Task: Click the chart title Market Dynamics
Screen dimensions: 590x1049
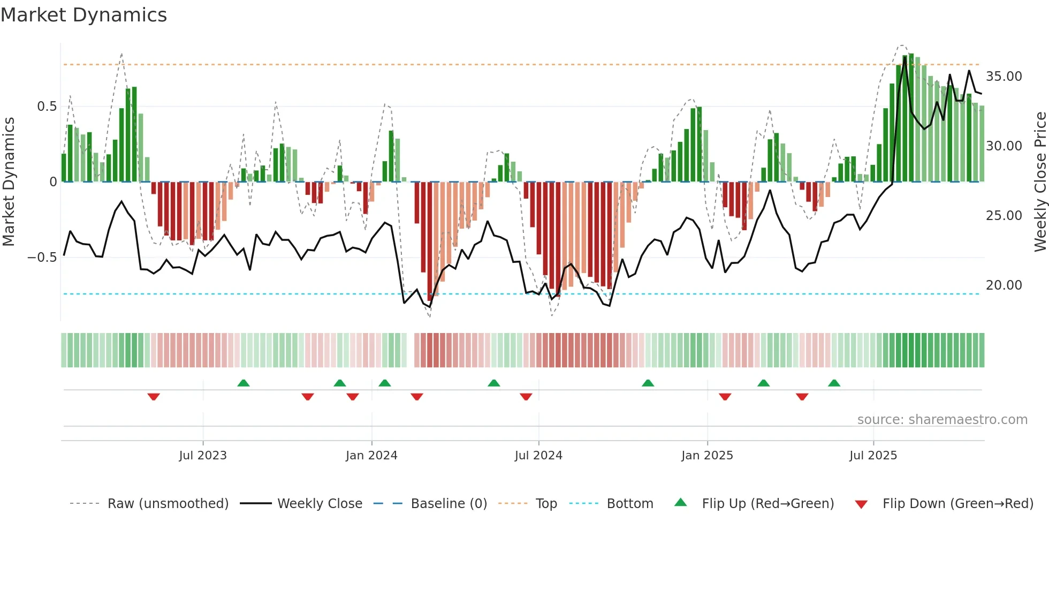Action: [x=83, y=15]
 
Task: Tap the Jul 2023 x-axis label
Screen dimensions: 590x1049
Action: [x=203, y=456]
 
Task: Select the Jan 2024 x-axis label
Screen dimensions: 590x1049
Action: [x=371, y=456]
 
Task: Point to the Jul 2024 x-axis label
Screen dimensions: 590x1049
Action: [x=538, y=456]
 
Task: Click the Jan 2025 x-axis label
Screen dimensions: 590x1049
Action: [x=707, y=456]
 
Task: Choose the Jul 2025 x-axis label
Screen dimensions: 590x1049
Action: [x=873, y=456]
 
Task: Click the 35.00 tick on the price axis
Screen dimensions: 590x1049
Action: [x=1004, y=77]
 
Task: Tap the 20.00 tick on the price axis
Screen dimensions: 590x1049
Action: [x=1004, y=285]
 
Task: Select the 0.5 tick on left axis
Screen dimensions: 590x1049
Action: [x=47, y=107]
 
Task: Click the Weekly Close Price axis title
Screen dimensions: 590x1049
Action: [x=1040, y=182]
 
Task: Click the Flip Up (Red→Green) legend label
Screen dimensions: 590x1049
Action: [x=767, y=504]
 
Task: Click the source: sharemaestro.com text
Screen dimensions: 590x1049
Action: [x=942, y=420]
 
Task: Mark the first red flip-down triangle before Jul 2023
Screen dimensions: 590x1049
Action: [x=154, y=397]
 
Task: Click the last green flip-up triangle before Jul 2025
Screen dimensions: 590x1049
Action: [x=834, y=383]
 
